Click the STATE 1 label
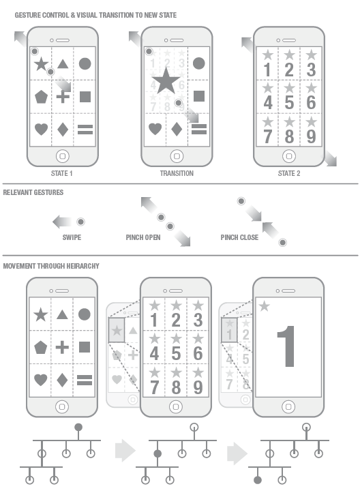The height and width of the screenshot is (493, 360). [x=62, y=173]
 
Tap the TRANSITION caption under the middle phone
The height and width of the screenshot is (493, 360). [x=176, y=173]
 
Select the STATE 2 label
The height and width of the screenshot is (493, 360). [x=289, y=173]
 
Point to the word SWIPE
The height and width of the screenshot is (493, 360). [x=71, y=238]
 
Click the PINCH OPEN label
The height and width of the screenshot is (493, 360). [x=142, y=238]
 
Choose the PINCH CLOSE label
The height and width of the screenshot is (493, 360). [x=239, y=238]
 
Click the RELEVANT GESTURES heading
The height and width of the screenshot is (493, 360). [x=33, y=193]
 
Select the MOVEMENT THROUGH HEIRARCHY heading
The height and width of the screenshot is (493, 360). [x=51, y=265]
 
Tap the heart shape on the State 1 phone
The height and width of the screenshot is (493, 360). [x=41, y=128]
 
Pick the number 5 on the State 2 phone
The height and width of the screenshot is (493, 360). [x=289, y=102]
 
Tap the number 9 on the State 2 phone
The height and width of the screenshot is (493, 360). [x=311, y=135]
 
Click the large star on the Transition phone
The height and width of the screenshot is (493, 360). [x=166, y=83]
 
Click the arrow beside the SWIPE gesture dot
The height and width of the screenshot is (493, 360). [x=63, y=222]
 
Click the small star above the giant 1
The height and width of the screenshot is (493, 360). [x=264, y=306]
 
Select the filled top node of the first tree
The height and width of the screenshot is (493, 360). [x=78, y=427]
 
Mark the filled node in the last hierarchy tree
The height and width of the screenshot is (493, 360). [x=258, y=479]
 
